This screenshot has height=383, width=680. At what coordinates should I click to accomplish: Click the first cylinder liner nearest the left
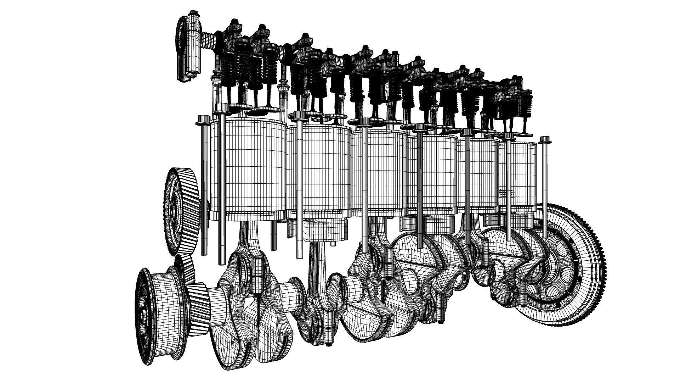[x=248, y=167]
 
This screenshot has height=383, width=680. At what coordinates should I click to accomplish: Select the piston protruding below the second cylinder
[x=319, y=231]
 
